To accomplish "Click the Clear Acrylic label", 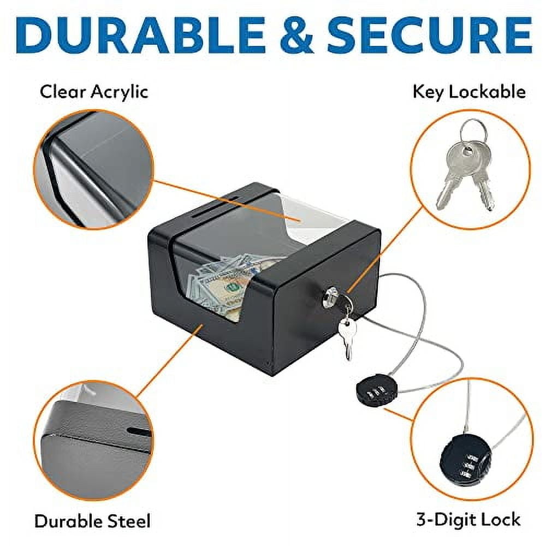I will (x=94, y=91).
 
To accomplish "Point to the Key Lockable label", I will (x=469, y=91).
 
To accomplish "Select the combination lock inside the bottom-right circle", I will (x=461, y=461).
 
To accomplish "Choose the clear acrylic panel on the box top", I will (x=306, y=218).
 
